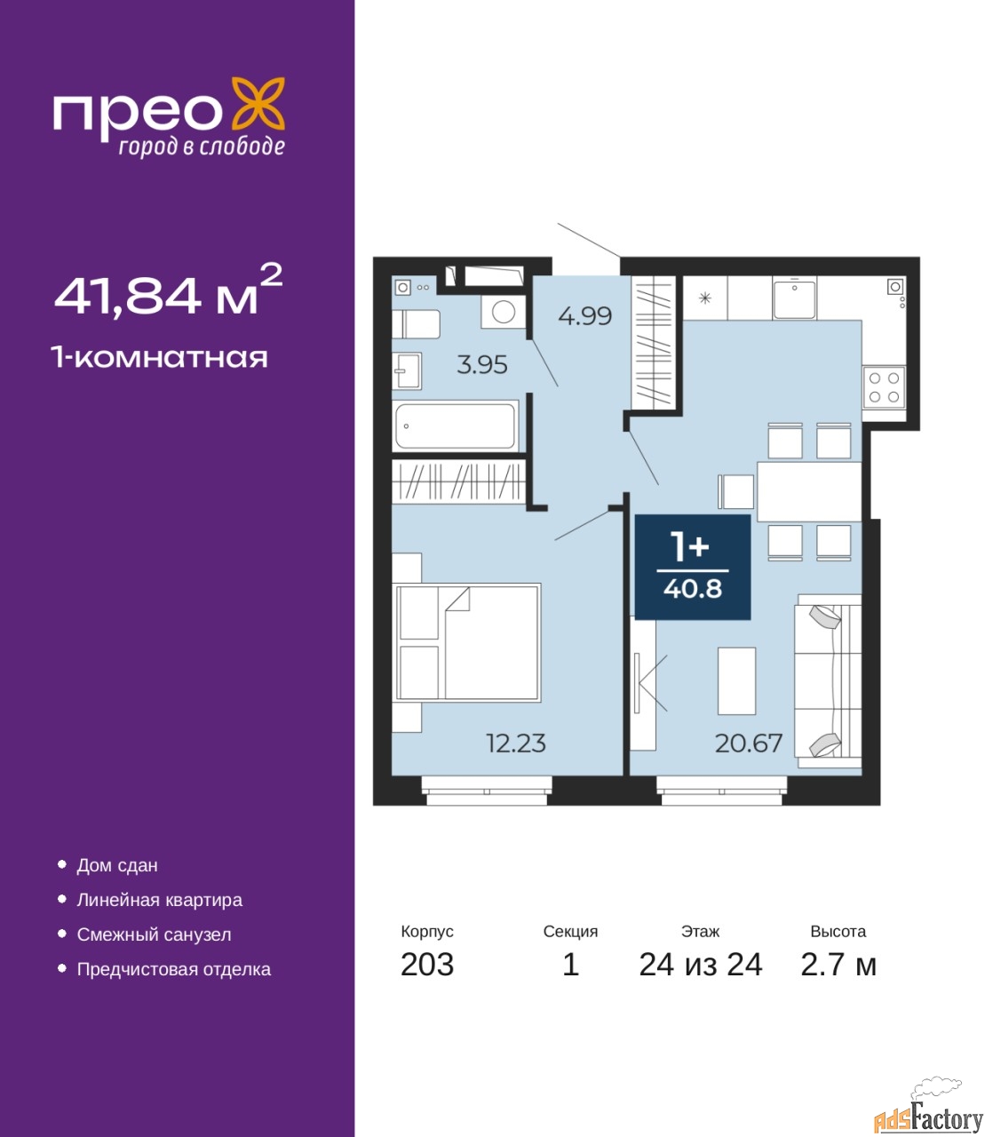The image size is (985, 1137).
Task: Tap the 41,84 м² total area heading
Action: (x=168, y=291)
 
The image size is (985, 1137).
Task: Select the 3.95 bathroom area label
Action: (x=482, y=365)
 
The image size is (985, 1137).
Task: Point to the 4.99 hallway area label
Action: (x=584, y=316)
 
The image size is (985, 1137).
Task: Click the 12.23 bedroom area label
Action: (x=516, y=743)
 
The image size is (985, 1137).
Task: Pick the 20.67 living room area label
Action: (x=749, y=743)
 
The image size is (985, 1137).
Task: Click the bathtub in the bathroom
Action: (x=457, y=426)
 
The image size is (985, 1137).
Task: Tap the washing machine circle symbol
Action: (x=504, y=313)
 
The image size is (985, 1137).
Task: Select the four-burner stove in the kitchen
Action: (x=884, y=387)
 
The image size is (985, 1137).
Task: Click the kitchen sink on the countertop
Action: (x=794, y=298)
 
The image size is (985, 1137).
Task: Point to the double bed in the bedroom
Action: (x=467, y=642)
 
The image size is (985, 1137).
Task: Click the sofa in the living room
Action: (x=828, y=681)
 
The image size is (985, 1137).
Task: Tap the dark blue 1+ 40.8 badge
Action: (x=693, y=567)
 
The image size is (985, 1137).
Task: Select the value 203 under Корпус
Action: (x=427, y=965)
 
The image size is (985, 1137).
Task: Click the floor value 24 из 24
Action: (x=700, y=965)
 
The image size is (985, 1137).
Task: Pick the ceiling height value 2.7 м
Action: (x=838, y=965)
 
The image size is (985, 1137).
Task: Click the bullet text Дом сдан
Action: (x=117, y=865)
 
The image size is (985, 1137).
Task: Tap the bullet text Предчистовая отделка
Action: (x=174, y=969)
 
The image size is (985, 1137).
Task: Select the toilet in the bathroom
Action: (x=417, y=324)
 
